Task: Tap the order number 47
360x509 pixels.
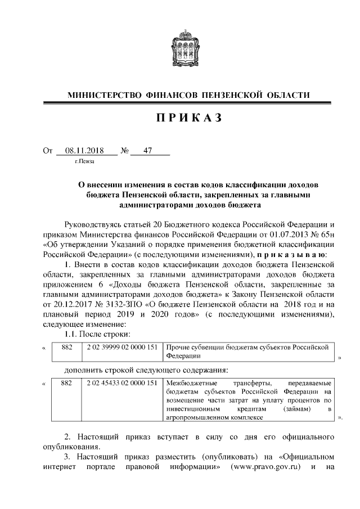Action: (148, 151)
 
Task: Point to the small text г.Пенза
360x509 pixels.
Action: (84, 162)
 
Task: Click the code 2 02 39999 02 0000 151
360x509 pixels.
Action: (121, 348)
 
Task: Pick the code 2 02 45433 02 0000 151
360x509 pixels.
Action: (121, 384)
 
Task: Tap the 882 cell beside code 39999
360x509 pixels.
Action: (67, 348)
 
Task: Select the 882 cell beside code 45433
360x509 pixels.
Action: (67, 384)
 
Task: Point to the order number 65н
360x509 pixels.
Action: (325, 235)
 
